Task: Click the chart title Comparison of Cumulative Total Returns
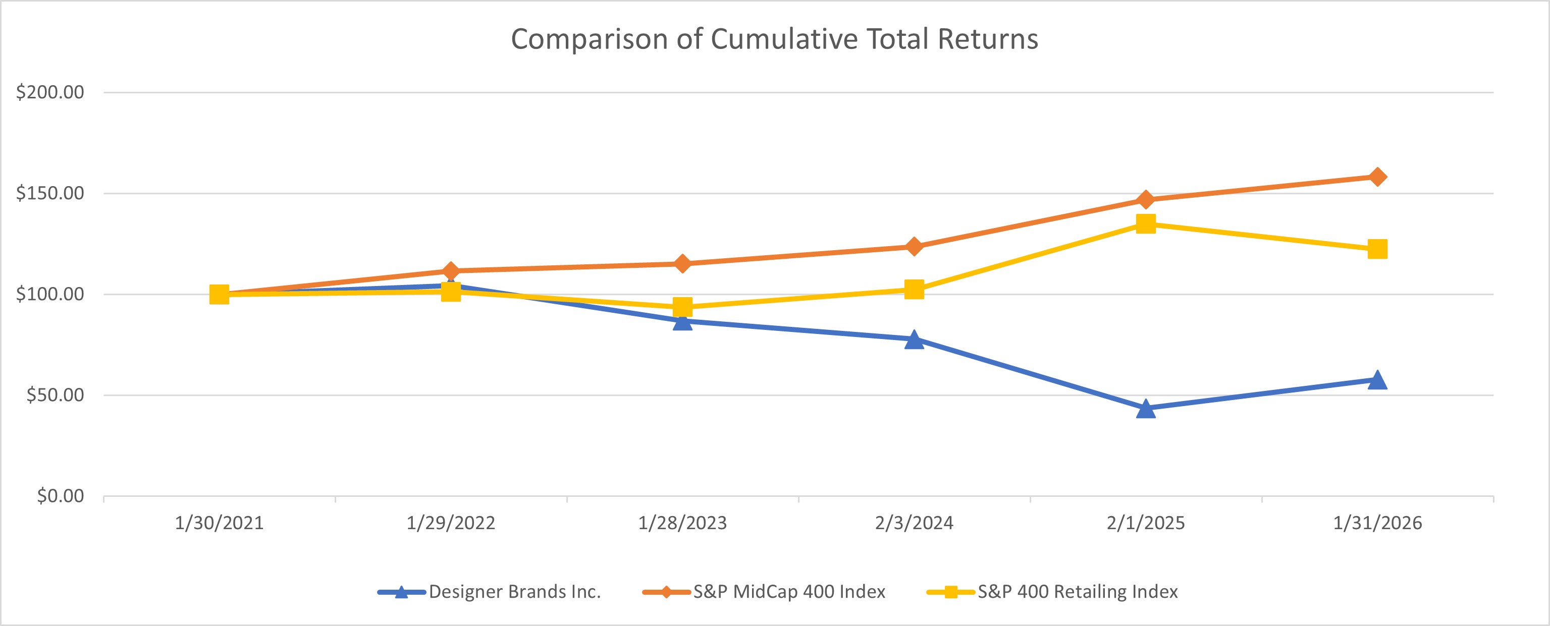[774, 39]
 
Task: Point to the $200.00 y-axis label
[50, 92]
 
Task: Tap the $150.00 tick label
[50, 193]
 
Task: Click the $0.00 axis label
[60, 496]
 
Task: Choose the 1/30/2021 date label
[219, 523]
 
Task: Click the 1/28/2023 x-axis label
[682, 523]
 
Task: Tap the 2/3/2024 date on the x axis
[914, 523]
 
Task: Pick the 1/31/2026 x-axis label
[1377, 523]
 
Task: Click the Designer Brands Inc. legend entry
[514, 592]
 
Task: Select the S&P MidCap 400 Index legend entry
[789, 592]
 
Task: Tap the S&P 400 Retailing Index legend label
[1077, 592]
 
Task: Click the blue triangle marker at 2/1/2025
[1146, 410]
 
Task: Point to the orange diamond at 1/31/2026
[1377, 177]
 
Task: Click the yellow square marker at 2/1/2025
[1146, 223]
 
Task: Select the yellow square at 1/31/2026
[1377, 249]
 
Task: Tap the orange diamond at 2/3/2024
[914, 247]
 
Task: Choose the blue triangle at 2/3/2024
[914, 340]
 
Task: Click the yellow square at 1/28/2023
[682, 307]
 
